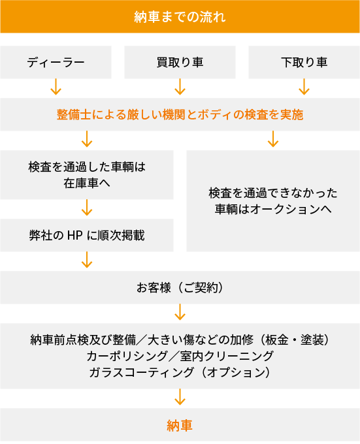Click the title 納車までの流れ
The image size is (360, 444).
coord(180,17)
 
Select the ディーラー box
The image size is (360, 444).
coord(56,62)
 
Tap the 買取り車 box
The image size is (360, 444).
coord(180,62)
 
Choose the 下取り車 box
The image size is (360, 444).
coord(304,62)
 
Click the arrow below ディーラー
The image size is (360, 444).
coord(56,87)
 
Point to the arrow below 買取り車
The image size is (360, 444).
coord(180,87)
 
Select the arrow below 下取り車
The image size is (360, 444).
coord(304,87)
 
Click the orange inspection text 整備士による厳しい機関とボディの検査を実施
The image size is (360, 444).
coord(180,115)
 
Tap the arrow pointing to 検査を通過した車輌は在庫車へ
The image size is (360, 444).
coord(87,139)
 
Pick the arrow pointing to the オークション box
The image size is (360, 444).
coord(273,139)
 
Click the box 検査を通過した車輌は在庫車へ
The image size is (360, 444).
coord(87,175)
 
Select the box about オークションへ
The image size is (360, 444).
coord(273,201)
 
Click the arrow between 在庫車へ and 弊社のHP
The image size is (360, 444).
coord(87,208)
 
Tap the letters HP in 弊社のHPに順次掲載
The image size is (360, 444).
coord(75,235)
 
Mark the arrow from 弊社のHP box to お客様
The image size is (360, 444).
coord(87,260)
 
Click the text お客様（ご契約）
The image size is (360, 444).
coord(180,288)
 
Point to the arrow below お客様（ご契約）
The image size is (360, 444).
coord(180,312)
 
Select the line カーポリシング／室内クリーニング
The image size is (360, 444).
coord(180,356)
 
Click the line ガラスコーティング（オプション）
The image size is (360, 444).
coord(180,372)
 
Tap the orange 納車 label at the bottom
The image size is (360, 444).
coord(180,425)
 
